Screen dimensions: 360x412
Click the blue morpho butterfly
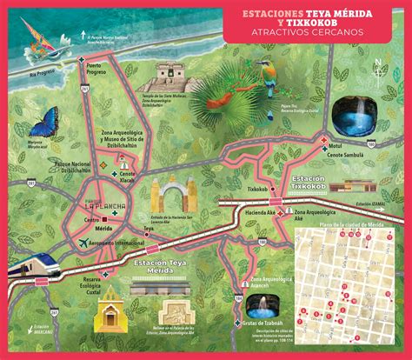pos(42,121)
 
